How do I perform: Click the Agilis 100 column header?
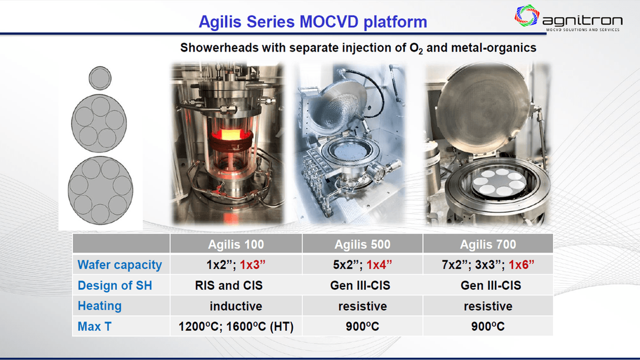coord(236,244)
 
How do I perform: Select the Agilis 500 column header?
coord(362,244)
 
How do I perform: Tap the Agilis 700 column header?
coord(488,244)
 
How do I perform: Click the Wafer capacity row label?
coord(119,265)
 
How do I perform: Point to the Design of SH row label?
coord(115,285)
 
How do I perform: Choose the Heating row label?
coord(100,306)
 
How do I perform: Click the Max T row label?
coord(94,326)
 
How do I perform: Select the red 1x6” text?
coord(522,265)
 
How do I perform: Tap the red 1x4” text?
coord(379,265)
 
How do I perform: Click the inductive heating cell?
coord(236,306)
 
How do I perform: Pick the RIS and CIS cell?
coord(229,285)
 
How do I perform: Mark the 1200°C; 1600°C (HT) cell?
coord(236,326)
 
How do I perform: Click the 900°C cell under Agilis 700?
coord(488,326)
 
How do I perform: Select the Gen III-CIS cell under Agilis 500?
coord(360,285)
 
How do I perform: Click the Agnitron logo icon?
coord(527,15)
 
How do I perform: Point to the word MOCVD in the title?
coord(329,22)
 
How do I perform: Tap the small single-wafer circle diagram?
coord(100,78)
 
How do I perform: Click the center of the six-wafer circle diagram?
coord(100,190)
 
